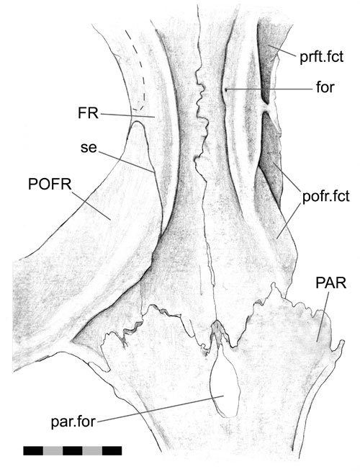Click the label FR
[88, 113]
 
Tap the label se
[89, 148]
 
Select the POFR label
[50, 184]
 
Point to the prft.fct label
[322, 57]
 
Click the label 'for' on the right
[325, 87]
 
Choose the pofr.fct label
[326, 196]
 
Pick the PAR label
[331, 283]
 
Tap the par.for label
[73, 422]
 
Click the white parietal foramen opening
[225, 383]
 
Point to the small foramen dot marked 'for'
[226, 89]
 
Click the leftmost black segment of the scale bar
[33, 450]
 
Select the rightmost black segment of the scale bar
[112, 450]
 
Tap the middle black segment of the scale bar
[73, 450]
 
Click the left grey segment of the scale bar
[53, 450]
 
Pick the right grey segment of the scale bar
[92, 450]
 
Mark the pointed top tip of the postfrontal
[137, 121]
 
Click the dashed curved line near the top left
[138, 70]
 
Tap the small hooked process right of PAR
[341, 345]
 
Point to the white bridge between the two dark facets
[267, 108]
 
